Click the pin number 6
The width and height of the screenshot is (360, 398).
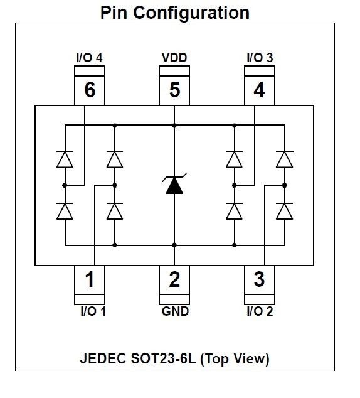[x=90, y=90]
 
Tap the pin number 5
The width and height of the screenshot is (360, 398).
[x=175, y=90]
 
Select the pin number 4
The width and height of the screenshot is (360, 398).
[x=260, y=90]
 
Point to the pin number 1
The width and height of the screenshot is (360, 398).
[x=90, y=279]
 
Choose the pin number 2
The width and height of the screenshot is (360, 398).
[x=175, y=279]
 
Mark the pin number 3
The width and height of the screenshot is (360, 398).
[x=260, y=279]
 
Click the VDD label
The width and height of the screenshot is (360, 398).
[x=174, y=58]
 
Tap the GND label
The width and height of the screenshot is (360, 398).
[x=175, y=311]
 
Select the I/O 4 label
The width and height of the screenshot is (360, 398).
[x=90, y=58]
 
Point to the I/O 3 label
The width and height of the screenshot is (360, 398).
[x=260, y=58]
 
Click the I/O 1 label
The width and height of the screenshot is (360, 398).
[x=93, y=311]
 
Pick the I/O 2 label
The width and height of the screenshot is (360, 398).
[x=260, y=311]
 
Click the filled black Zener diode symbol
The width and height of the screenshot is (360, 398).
[x=174, y=184]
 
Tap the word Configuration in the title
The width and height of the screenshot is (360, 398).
[x=191, y=13]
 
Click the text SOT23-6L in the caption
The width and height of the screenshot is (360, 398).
[x=163, y=358]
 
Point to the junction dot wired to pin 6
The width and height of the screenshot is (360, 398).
[x=65, y=185]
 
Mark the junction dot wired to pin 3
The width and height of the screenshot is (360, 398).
[x=285, y=185]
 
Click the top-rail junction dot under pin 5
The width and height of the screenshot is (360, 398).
[x=174, y=126]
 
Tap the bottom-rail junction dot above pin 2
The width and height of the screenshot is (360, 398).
[x=174, y=245]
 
